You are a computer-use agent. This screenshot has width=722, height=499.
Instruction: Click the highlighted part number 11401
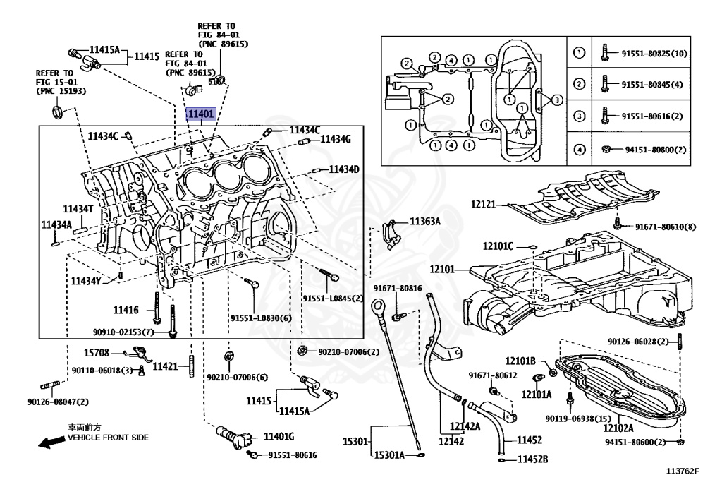click(x=201, y=114)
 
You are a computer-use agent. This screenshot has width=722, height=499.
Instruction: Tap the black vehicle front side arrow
click(x=51, y=443)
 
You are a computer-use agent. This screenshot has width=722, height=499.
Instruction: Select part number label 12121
click(x=483, y=204)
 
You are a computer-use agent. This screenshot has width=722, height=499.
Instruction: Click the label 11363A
click(x=425, y=222)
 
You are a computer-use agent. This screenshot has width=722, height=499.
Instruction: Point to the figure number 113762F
click(x=683, y=471)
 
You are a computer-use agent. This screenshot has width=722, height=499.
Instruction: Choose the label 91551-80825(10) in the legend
click(x=654, y=54)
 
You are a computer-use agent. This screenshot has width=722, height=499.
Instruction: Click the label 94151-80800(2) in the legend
click(x=656, y=150)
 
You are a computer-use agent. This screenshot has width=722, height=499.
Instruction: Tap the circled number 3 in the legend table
click(x=579, y=116)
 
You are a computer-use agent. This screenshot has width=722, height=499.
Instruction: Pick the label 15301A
click(x=389, y=455)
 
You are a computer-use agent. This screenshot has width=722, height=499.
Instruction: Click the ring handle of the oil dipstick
click(x=378, y=305)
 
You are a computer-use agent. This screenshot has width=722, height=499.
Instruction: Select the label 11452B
click(x=533, y=459)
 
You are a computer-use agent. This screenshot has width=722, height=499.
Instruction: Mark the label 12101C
click(x=498, y=246)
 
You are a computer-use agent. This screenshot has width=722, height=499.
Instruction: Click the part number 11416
click(x=126, y=310)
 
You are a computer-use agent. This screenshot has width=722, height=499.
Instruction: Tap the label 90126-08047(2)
click(x=58, y=402)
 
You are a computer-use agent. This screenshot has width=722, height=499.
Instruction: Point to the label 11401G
click(x=279, y=436)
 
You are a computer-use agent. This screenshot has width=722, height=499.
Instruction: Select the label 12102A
click(x=618, y=428)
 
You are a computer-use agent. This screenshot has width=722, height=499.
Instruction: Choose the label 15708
click(x=96, y=353)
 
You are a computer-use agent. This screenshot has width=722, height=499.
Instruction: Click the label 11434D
click(x=344, y=169)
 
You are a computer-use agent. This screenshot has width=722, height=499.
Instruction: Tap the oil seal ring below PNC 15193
click(x=57, y=112)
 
